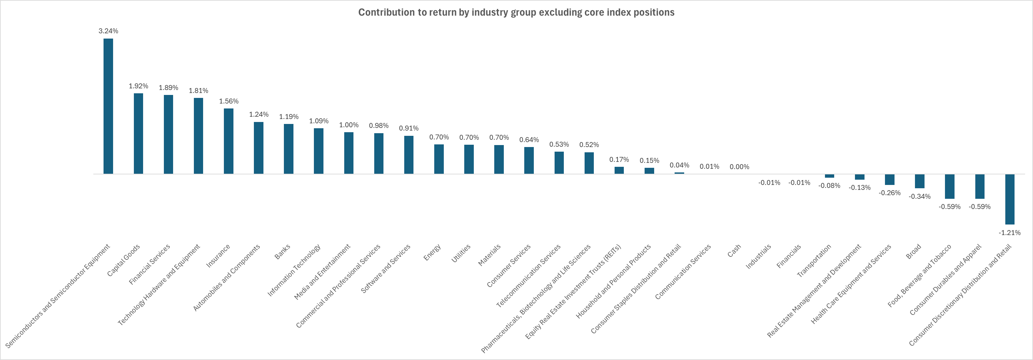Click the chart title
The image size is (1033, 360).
point(516,13)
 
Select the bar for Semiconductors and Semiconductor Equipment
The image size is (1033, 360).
point(108,106)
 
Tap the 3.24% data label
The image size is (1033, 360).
point(108,31)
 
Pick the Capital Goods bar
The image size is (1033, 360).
point(138,133)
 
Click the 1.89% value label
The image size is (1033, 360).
point(168,88)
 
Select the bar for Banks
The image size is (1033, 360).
point(289,149)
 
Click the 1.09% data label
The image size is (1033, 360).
point(319,121)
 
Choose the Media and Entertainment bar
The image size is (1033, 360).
point(349,153)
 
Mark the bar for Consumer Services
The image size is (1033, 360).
point(529,160)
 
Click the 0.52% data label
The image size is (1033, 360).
point(589,145)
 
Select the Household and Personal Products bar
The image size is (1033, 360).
point(649,171)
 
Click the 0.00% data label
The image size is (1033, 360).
point(740,167)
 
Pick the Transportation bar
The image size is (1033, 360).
point(829,176)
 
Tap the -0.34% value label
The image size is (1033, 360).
point(920,196)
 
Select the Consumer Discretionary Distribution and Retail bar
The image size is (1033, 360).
point(1010,199)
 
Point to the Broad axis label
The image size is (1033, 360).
point(914,251)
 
